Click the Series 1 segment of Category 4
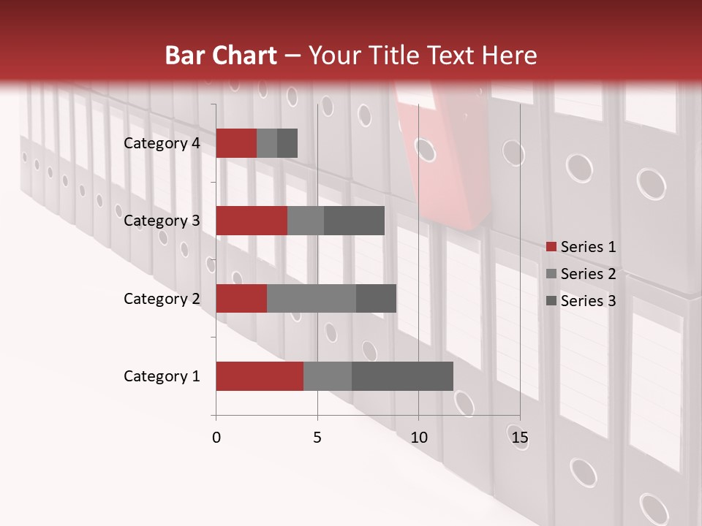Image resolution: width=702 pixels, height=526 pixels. pyautogui.click(x=236, y=143)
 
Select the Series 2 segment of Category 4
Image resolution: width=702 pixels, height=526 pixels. pyautogui.click(x=267, y=143)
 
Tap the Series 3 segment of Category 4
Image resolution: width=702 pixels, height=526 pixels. pyautogui.click(x=287, y=143)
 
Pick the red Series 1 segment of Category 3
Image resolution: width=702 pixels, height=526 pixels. pyautogui.click(x=252, y=221)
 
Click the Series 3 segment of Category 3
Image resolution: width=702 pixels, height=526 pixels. pyautogui.click(x=354, y=221)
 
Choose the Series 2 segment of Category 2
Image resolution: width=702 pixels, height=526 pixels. pyautogui.click(x=312, y=298)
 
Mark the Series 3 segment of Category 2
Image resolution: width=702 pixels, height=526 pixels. pyautogui.click(x=376, y=298)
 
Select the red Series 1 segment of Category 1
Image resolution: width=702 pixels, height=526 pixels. pyautogui.click(x=260, y=376)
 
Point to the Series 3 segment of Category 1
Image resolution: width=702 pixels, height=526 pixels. pyautogui.click(x=402, y=376)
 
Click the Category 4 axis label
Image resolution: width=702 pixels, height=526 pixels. pyautogui.click(x=162, y=143)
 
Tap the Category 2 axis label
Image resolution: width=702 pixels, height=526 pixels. pyautogui.click(x=162, y=298)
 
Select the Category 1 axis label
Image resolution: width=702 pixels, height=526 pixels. pyautogui.click(x=162, y=376)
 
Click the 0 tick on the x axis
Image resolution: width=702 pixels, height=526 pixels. pyautogui.click(x=216, y=438)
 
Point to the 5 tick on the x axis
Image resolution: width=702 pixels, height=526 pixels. pyautogui.click(x=317, y=438)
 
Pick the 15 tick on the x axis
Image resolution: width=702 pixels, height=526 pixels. pyautogui.click(x=519, y=438)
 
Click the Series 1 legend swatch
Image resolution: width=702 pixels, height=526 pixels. pyautogui.click(x=551, y=247)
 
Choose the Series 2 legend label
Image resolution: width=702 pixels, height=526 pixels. pyautogui.click(x=588, y=274)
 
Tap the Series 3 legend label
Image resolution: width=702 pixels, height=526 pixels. pyautogui.click(x=588, y=301)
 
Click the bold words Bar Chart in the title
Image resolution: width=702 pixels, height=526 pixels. pyautogui.click(x=221, y=56)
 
